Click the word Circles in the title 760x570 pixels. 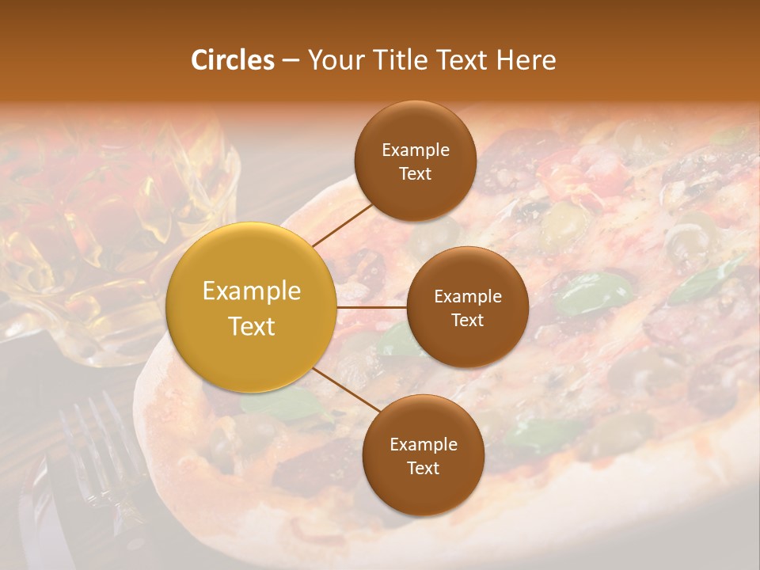tap(233, 59)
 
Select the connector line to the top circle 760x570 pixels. tap(342, 224)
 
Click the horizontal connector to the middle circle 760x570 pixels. tap(371, 307)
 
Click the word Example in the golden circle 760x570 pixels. tap(252, 291)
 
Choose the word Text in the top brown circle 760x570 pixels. tap(415, 173)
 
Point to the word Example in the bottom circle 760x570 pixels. tap(423, 444)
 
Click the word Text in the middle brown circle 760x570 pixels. tap(467, 320)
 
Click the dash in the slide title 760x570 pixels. tap(290, 60)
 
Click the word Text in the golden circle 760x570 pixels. tap(252, 326)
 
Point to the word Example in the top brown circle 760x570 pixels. tap(415, 150)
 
